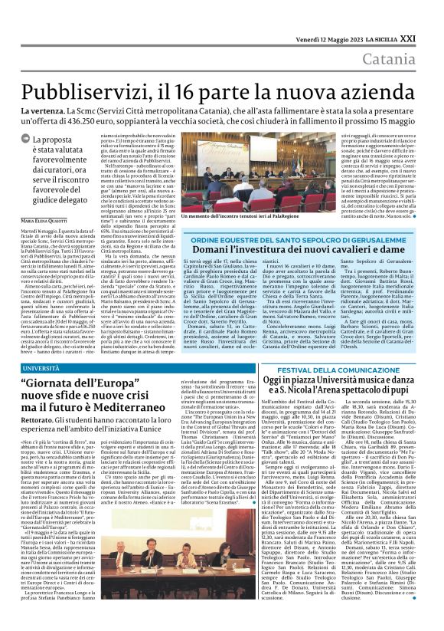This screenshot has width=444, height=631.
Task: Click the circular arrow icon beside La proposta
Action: [36, 140]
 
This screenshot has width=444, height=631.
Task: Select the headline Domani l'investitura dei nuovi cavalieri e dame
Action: [299, 251]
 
